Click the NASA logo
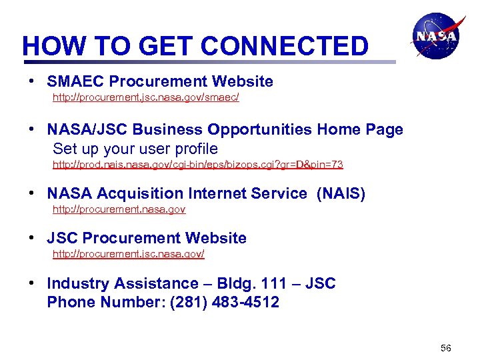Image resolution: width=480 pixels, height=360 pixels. pos(436,37)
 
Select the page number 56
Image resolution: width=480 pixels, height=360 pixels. pos(446,349)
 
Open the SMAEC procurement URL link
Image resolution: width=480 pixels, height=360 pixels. pos(145,98)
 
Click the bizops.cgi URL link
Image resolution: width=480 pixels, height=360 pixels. pos(197,164)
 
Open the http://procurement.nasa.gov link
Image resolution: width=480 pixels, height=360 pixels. pos(119,209)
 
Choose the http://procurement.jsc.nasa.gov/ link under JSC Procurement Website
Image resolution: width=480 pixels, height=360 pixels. pos(128,254)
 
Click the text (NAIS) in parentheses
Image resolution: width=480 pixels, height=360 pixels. pos(341,194)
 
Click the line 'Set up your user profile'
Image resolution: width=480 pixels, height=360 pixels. pos(135,148)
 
